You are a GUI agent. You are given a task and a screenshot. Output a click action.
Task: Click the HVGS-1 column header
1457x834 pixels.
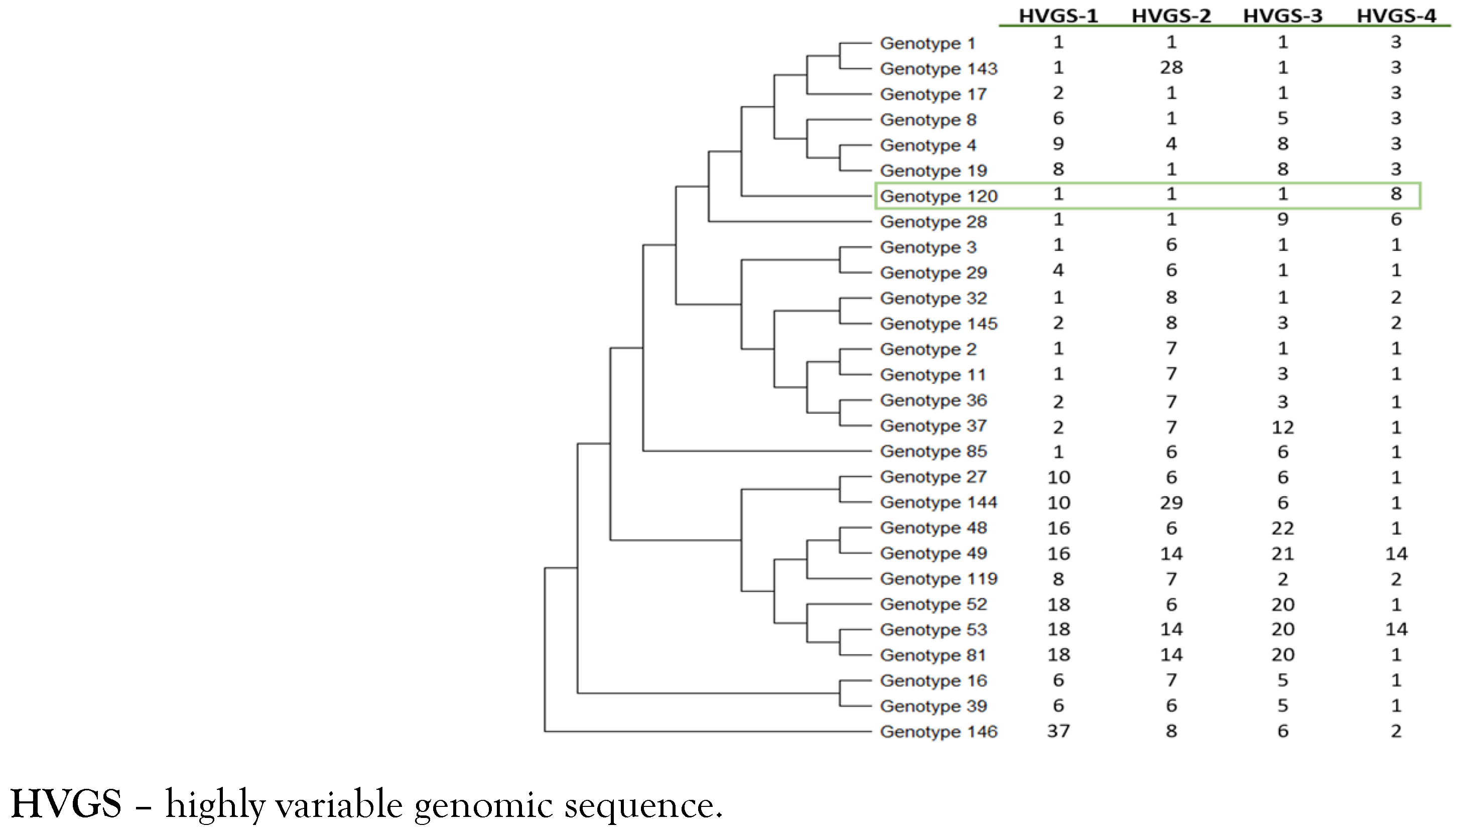coord(1058,16)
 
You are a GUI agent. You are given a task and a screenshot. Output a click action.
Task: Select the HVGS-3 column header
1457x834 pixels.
coord(1282,16)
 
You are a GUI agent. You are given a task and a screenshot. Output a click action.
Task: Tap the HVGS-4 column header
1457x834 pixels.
coord(1396,16)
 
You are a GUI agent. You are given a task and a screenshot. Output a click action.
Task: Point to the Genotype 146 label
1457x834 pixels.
coord(938,732)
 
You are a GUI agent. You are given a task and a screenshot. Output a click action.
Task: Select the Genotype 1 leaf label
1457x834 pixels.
coord(927,43)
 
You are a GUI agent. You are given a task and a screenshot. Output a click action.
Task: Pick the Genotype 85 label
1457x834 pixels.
coord(933,451)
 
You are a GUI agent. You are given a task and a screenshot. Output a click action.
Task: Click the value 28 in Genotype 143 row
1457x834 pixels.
coord(1171,68)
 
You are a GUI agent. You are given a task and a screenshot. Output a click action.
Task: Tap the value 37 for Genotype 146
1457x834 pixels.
coord(1058,731)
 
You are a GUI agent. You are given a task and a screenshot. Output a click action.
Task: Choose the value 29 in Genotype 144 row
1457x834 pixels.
coord(1171,502)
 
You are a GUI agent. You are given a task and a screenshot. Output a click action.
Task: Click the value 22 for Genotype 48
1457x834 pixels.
coord(1282,527)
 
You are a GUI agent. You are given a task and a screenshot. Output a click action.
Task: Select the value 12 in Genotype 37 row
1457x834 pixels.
coord(1282,428)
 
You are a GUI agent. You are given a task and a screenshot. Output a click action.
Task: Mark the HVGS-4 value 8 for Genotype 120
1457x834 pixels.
coord(1396,194)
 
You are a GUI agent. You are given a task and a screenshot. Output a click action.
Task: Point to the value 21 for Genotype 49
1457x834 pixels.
coord(1282,553)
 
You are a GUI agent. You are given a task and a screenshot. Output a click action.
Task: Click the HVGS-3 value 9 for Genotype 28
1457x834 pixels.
coord(1282,219)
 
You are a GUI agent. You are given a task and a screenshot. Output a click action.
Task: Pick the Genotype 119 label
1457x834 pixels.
coord(938,579)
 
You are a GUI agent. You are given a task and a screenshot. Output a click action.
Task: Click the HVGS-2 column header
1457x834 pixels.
coord(1171,16)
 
